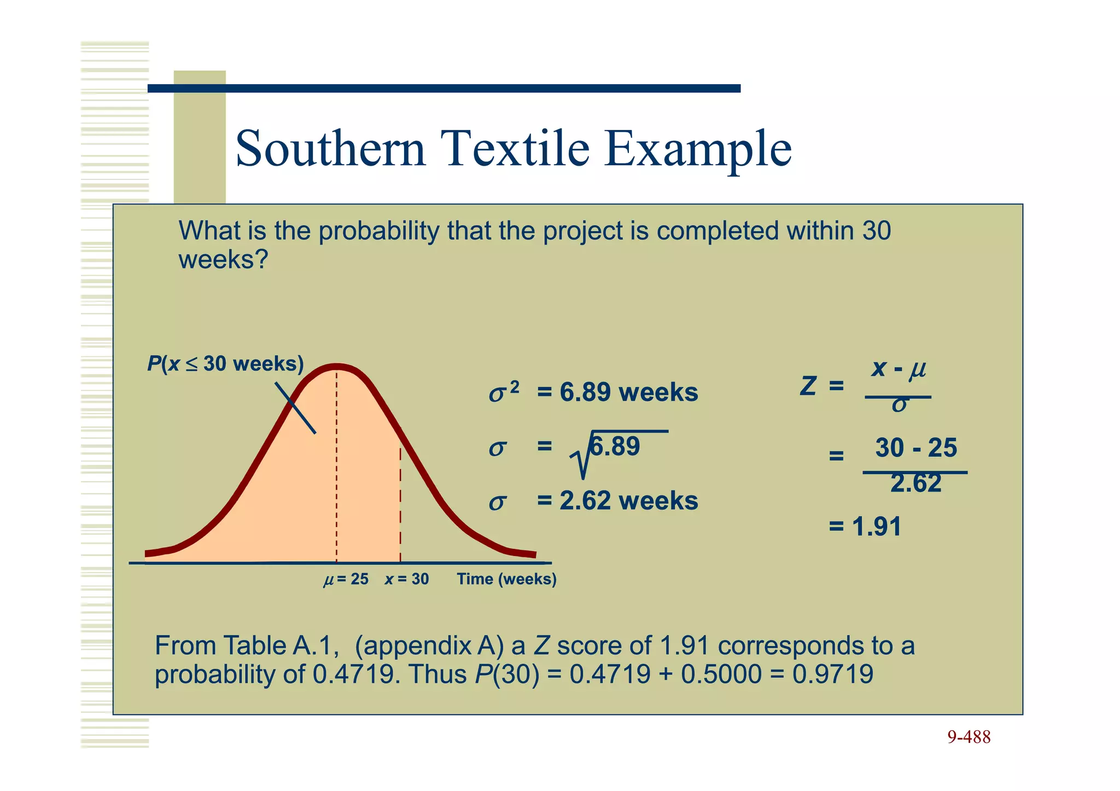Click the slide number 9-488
pyautogui.click(x=969, y=737)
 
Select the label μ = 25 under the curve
pyautogui.click(x=346, y=579)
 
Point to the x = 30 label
pyautogui.click(x=406, y=579)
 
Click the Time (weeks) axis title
pyautogui.click(x=506, y=579)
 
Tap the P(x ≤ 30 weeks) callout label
pyautogui.click(x=225, y=364)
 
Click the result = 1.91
pyautogui.click(x=865, y=527)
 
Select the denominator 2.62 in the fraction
pyautogui.click(x=915, y=484)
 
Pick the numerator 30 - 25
pyautogui.click(x=915, y=448)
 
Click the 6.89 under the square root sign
pyautogui.click(x=615, y=447)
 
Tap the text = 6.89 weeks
pyautogui.click(x=617, y=392)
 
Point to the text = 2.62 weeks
pyautogui.click(x=617, y=501)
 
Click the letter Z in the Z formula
pyautogui.click(x=808, y=386)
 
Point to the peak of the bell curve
pyautogui.click(x=336, y=367)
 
